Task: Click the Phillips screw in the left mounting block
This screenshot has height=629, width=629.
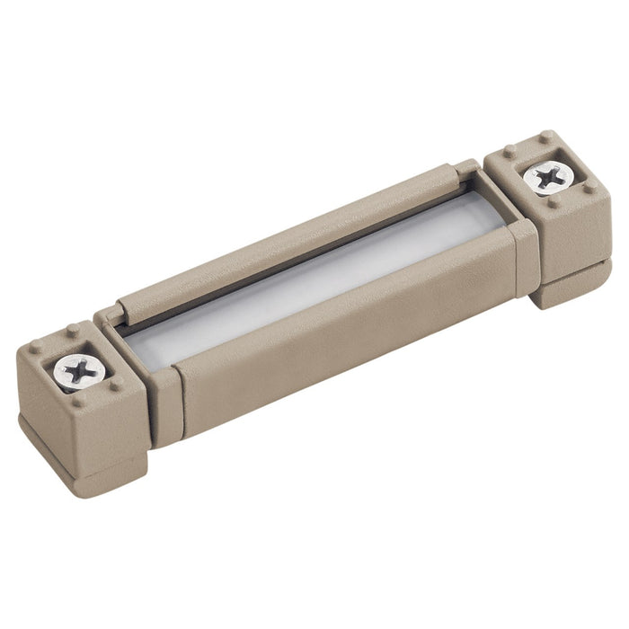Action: [x=79, y=368]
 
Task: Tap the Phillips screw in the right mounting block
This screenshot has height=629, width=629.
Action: [x=547, y=176]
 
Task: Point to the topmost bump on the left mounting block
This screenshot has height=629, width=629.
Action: [x=72, y=331]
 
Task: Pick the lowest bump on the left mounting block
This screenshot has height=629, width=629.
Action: [x=78, y=401]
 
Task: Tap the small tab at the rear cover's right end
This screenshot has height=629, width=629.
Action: [x=465, y=169]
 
